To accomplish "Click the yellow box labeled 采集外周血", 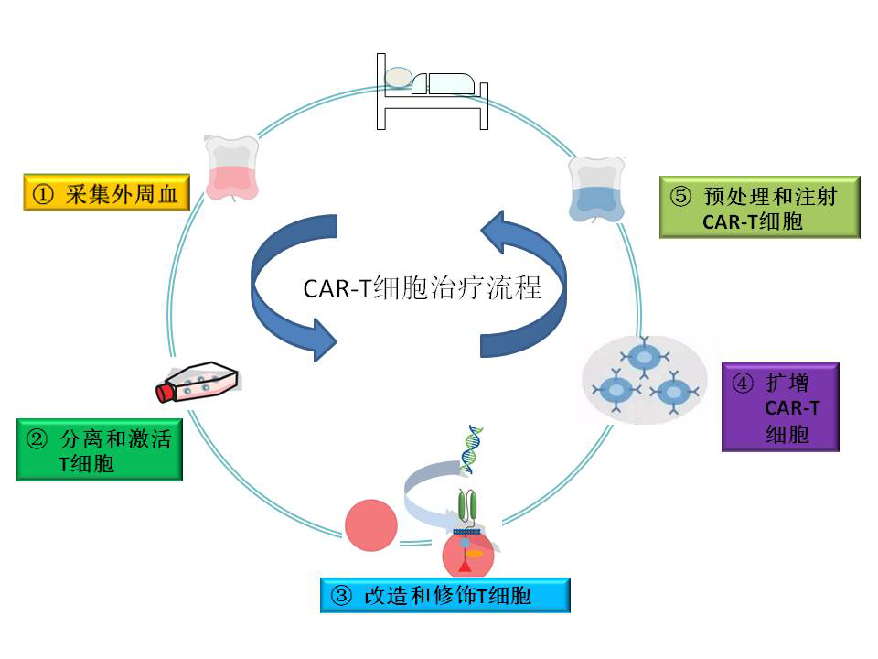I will tap(107, 195).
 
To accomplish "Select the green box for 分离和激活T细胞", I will tap(100, 449).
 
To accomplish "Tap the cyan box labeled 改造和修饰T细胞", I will tap(445, 596).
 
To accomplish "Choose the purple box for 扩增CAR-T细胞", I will tap(779, 407).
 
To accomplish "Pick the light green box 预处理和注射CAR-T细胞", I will tap(759, 208).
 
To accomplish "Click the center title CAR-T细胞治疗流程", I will tap(422, 289).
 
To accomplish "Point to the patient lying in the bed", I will tap(430, 81).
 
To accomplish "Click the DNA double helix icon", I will tap(472, 449).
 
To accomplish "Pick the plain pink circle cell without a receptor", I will tap(371, 525).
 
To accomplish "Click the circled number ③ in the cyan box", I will tap(340, 596).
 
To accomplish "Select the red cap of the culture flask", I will tap(166, 393).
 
